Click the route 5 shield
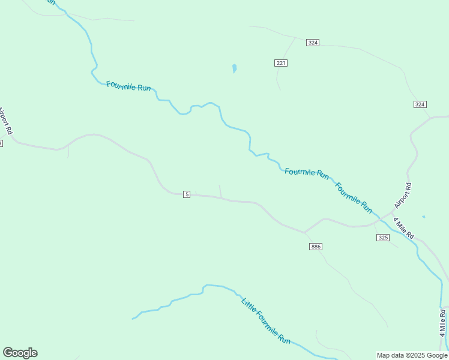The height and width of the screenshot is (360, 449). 187,194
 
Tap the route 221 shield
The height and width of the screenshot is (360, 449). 282,63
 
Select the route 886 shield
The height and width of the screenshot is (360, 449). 316,247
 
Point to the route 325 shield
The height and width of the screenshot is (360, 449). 383,238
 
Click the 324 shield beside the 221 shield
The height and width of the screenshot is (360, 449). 312,43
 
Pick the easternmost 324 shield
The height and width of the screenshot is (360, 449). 420,104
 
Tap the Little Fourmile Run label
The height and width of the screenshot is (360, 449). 266,320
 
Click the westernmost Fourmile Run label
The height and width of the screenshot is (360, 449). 128,86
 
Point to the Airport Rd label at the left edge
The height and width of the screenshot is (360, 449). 5,121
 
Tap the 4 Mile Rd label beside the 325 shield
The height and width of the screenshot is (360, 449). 404,229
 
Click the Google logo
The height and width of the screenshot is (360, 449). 20,353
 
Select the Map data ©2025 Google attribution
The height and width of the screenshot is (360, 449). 412,355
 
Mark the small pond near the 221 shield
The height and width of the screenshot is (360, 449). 234,68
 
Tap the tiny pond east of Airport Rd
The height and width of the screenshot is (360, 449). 423,217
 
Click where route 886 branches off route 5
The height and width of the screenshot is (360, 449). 304,232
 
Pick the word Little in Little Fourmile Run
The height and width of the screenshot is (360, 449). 248,304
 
